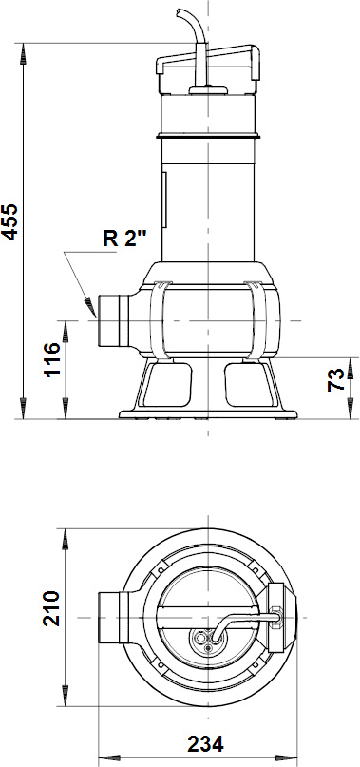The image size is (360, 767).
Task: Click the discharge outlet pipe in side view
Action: point(109,320)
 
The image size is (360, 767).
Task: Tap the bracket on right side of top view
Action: point(277,615)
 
